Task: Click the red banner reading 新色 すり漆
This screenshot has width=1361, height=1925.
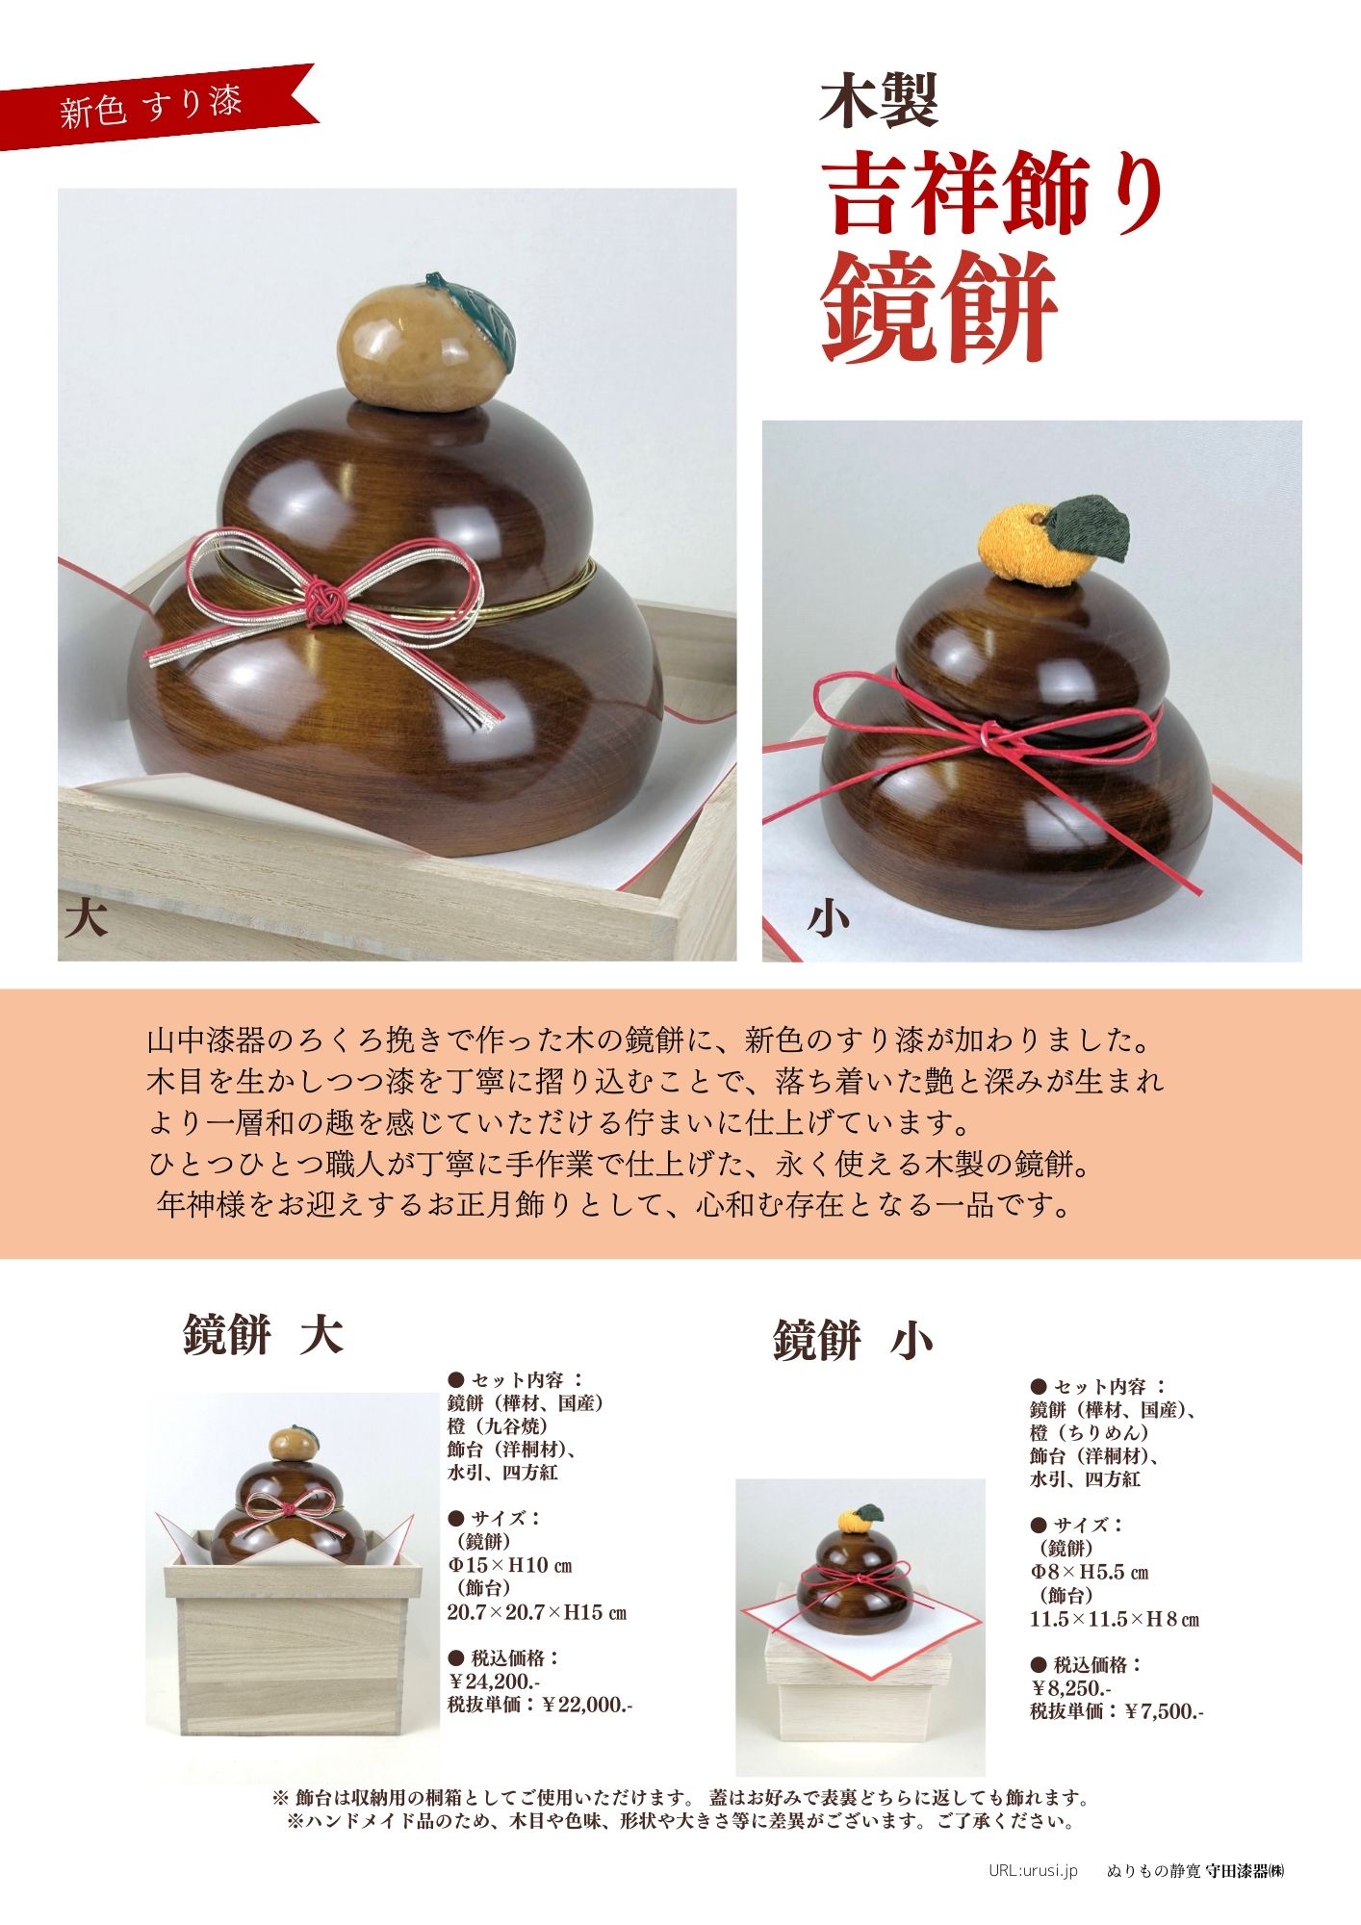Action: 154,106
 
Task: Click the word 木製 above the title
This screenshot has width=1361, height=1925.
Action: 879,101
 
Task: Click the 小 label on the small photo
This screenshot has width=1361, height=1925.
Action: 828,919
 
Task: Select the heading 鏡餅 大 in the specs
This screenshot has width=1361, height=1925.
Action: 263,1335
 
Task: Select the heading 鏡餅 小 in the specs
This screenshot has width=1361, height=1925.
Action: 853,1341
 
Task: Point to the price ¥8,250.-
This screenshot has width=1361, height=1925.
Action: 1072,1688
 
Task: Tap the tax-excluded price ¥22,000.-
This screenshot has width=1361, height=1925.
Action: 587,1705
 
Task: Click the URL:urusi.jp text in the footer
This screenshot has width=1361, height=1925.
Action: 1033,1870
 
